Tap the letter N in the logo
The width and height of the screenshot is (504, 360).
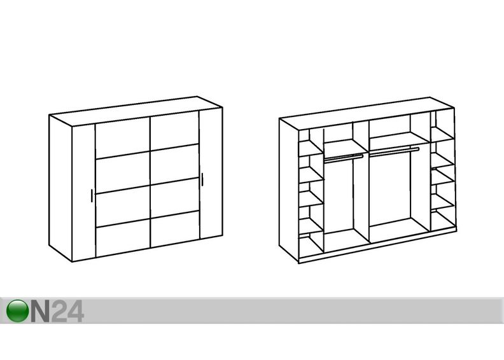40,311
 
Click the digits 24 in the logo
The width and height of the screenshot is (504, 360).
67,311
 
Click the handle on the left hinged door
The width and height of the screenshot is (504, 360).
92,195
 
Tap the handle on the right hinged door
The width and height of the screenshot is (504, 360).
202,179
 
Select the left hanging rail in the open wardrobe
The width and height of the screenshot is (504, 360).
343,157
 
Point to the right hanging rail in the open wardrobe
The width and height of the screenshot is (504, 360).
395,151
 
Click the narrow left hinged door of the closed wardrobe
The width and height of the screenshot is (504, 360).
83,193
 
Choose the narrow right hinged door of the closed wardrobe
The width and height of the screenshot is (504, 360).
211,174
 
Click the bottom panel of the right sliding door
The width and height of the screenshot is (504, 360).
175,228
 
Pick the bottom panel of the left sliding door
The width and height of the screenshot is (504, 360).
123,238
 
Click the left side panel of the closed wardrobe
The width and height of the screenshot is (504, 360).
60,188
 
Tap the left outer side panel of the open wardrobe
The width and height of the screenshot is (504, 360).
289,190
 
